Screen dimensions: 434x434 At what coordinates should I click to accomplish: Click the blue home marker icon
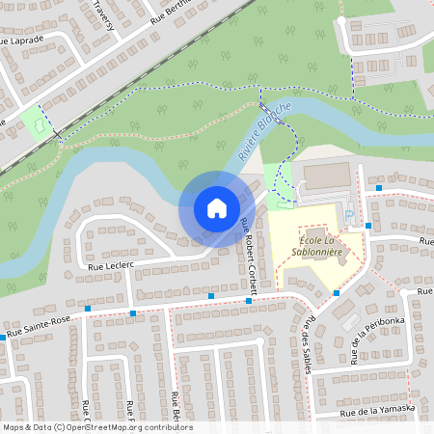click(x=216, y=208)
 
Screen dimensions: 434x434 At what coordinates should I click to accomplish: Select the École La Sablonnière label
click(x=315, y=248)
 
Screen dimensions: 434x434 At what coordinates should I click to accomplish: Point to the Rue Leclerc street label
click(x=108, y=264)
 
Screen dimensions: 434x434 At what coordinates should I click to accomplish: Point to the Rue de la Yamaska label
click(x=377, y=411)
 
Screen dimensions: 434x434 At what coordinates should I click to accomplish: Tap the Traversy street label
click(x=102, y=14)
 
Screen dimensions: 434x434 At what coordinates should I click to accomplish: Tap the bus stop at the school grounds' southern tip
click(x=337, y=292)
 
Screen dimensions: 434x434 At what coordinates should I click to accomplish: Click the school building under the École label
click(x=318, y=275)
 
